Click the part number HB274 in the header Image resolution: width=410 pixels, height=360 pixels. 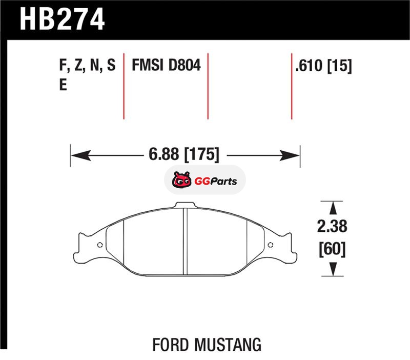[62, 19]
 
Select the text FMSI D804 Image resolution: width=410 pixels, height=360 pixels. [166, 65]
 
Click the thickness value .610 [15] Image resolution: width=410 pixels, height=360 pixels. [323, 66]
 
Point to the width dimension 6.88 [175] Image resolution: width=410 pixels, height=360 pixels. [184, 154]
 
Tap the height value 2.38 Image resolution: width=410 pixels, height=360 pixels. [332, 226]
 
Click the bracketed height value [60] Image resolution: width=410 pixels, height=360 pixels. [332, 249]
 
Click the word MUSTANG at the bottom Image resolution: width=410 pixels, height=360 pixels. [228, 345]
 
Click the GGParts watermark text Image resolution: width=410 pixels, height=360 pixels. [215, 181]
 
